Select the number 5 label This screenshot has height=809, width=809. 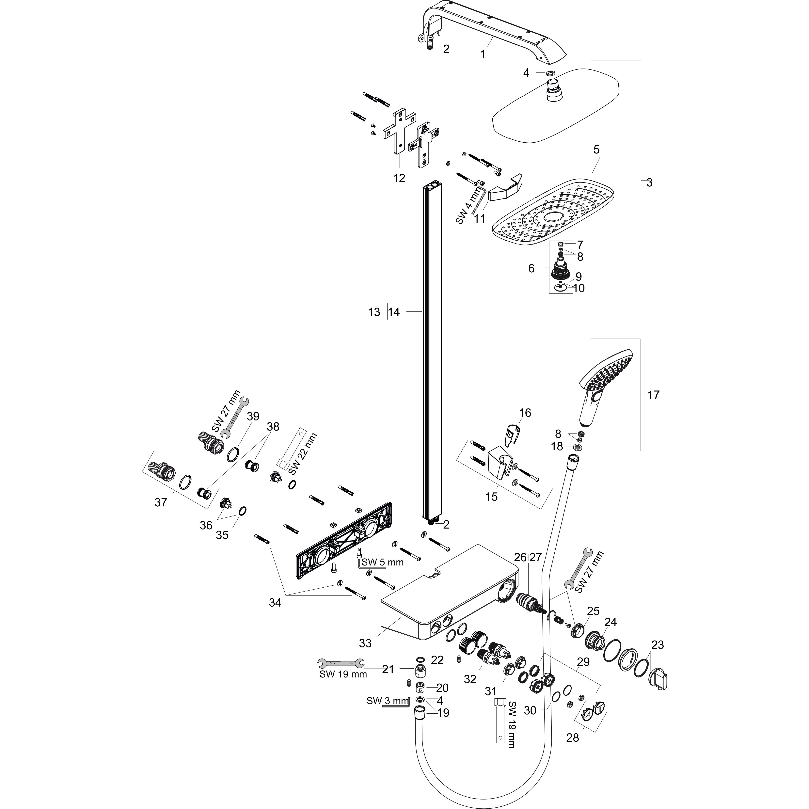[x=596, y=150]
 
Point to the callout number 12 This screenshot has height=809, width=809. [x=399, y=178]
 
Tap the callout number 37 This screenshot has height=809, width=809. [x=161, y=502]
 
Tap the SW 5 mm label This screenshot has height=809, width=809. [x=383, y=562]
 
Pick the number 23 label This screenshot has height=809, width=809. [x=658, y=645]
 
